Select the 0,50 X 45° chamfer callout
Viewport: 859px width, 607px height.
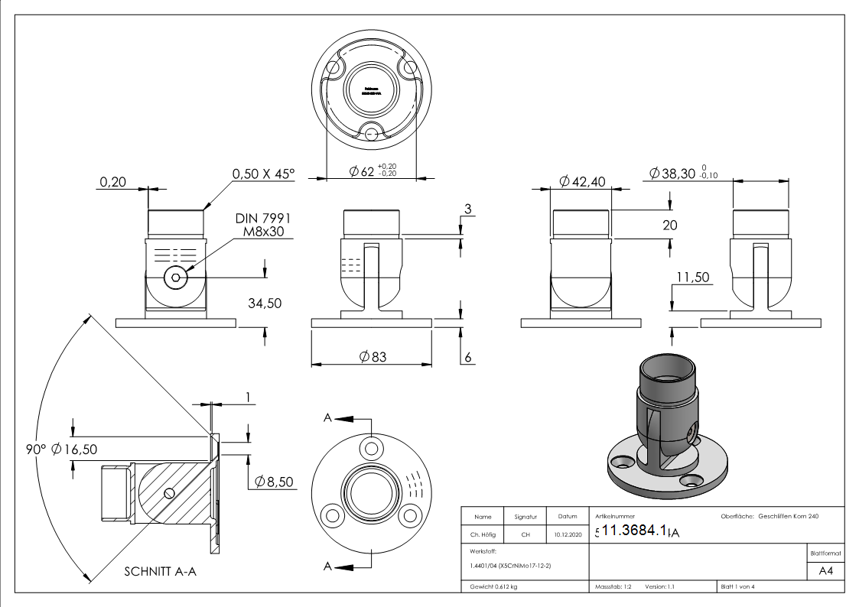(x=262, y=174)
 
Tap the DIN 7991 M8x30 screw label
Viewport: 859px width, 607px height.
(x=258, y=225)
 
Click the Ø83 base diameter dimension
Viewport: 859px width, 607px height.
(x=373, y=356)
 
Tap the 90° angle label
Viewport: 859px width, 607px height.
(x=35, y=449)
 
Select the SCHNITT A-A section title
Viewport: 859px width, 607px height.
(x=160, y=571)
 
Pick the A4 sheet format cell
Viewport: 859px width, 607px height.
(x=825, y=570)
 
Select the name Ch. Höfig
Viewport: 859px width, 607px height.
(x=483, y=535)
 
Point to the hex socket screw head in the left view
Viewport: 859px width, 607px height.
(x=176, y=278)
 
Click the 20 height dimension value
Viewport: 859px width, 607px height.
(x=670, y=224)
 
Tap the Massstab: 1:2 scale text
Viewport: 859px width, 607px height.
(x=613, y=586)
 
